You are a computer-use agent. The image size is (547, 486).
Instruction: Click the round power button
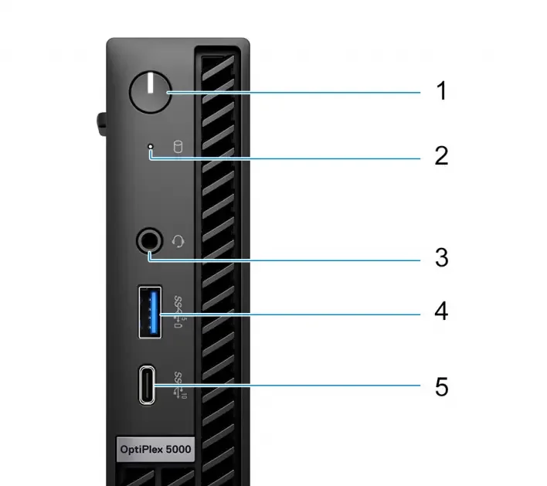pos(149,93)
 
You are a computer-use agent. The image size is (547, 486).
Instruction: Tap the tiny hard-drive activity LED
pos(151,146)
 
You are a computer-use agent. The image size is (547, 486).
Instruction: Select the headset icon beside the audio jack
pos(179,242)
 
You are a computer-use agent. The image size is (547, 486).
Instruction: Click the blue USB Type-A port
pos(150,311)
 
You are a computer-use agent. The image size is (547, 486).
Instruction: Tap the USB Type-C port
pos(148,385)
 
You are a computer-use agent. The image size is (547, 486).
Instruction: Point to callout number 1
pos(441,92)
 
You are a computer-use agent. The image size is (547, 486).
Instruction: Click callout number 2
pos(441,156)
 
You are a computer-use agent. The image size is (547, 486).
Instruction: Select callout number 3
pos(441,257)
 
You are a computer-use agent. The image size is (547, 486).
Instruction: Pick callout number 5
pos(441,386)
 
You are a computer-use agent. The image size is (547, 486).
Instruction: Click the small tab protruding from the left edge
pos(101,123)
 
